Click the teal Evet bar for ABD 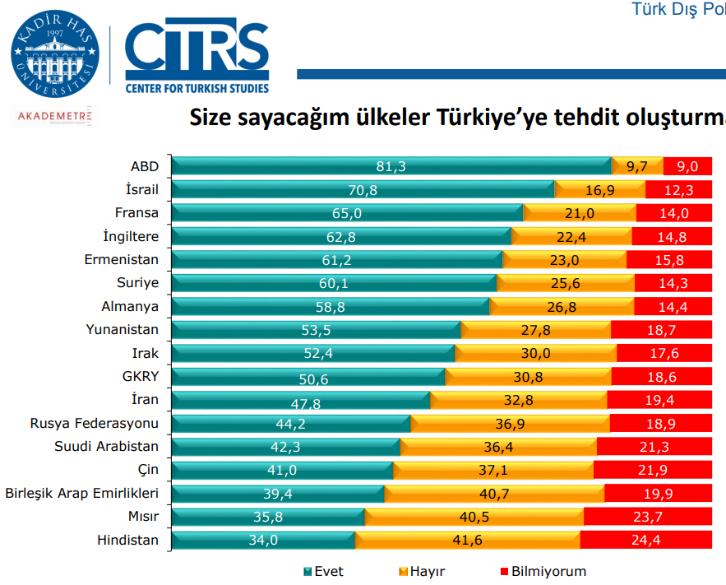391,166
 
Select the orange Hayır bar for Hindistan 467,541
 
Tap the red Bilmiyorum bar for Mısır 648,518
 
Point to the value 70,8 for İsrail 362,190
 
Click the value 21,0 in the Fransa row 580,213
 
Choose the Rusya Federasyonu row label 94,424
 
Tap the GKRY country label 139,377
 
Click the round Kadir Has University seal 54,56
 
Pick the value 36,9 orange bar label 511,424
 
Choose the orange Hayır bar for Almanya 562,307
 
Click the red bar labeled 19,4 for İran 659,401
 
